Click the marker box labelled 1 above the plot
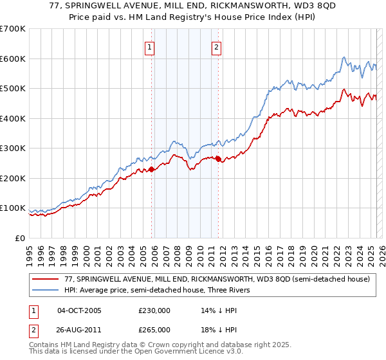[x=149, y=46]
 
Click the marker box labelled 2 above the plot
[x=216, y=46]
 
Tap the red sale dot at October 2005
[x=152, y=169]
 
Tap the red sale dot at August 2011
[x=219, y=159]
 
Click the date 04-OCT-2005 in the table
[x=79, y=310]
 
